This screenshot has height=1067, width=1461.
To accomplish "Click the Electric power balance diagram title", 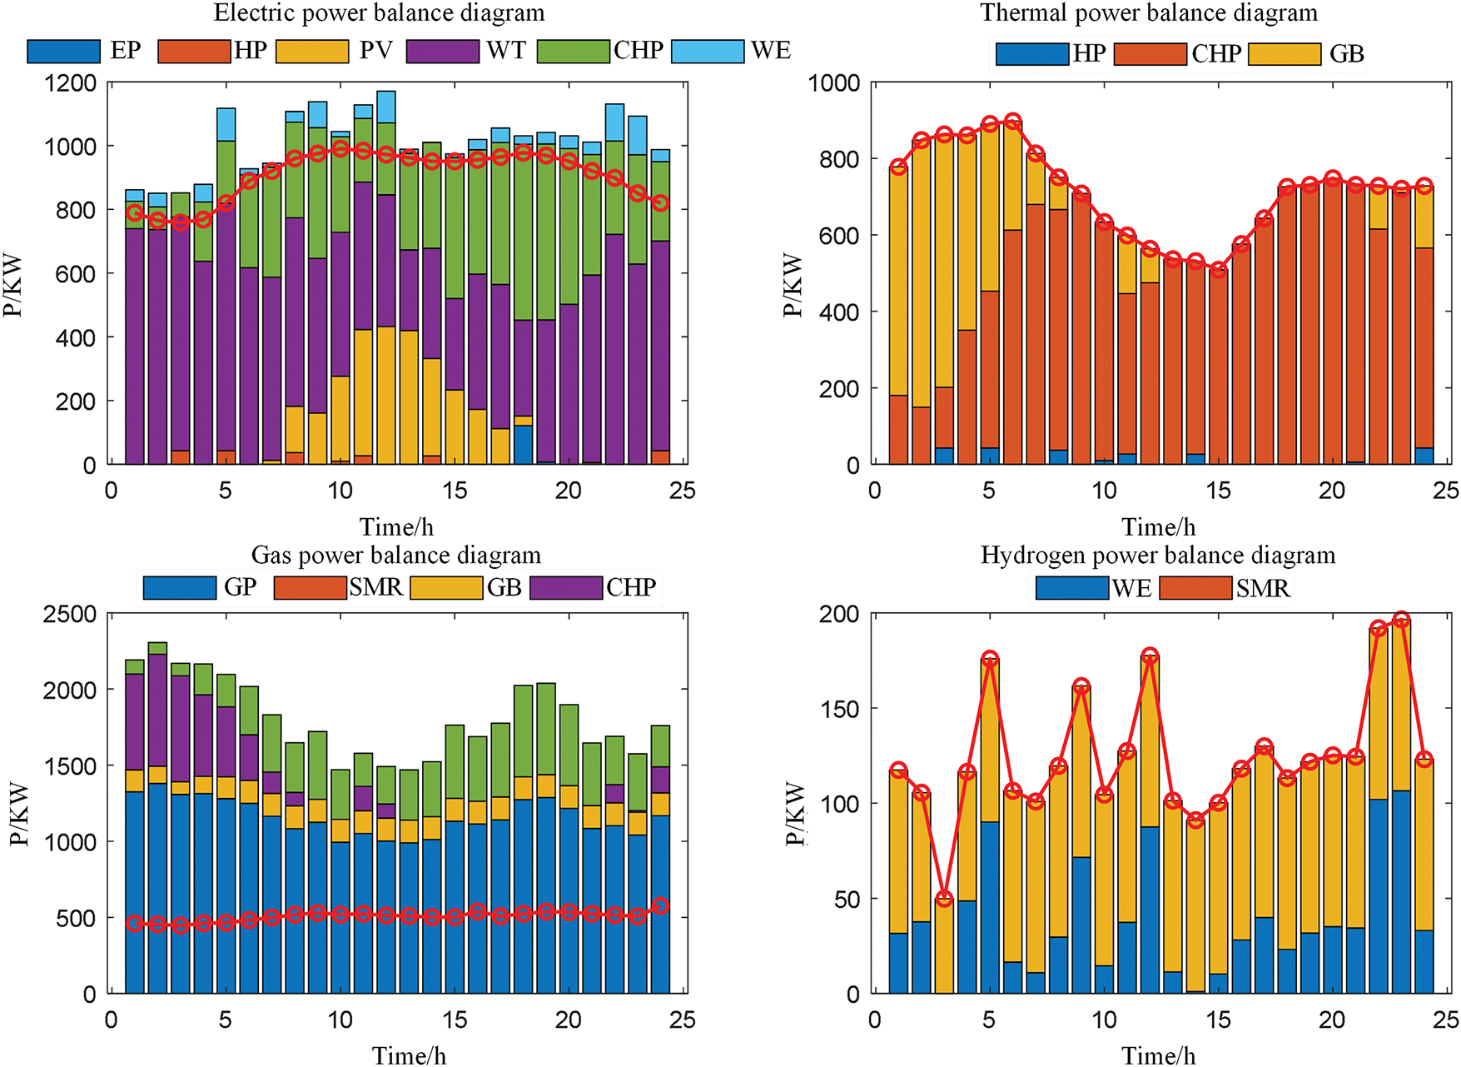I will click(379, 13).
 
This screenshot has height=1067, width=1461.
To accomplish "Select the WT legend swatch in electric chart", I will click(443, 51).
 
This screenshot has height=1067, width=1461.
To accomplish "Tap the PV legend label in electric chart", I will click(375, 51).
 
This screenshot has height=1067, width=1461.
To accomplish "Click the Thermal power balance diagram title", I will click(1149, 13).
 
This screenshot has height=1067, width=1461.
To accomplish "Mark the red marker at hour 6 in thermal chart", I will click(1012, 122).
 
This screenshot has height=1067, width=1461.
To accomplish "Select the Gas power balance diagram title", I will click(396, 556).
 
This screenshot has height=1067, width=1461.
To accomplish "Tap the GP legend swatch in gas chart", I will click(179, 587).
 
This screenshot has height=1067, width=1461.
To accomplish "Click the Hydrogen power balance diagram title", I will click(1158, 556).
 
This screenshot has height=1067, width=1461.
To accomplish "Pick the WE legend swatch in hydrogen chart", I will click(1072, 588).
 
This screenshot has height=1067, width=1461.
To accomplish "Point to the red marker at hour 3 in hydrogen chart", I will click(944, 899).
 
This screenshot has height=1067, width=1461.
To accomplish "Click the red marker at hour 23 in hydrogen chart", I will click(1401, 620).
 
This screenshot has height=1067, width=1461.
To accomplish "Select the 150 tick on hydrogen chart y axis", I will click(841, 709).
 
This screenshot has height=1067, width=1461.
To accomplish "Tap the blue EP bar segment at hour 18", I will click(523, 445).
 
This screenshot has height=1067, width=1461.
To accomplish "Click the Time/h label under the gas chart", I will click(409, 1056).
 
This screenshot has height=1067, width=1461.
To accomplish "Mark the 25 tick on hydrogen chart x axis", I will click(1446, 1020).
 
